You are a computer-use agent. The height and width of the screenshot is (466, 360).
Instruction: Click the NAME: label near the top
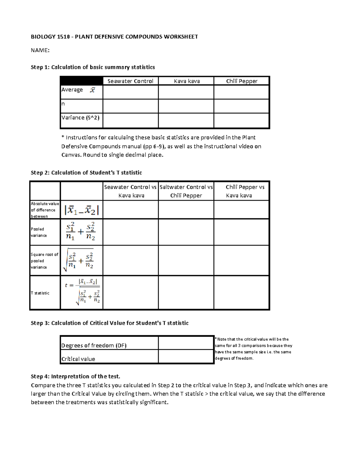click(x=40, y=50)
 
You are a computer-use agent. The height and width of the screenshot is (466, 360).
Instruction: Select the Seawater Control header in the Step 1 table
click(x=130, y=81)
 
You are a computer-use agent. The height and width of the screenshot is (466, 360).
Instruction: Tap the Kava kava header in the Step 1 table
click(x=187, y=81)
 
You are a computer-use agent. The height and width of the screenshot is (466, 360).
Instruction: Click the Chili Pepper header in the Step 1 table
click(x=241, y=81)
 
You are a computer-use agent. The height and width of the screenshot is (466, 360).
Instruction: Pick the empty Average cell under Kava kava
click(x=186, y=92)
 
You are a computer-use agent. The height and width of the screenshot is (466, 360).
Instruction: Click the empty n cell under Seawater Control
click(x=130, y=106)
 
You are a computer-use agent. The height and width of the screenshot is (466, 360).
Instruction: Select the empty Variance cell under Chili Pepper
click(x=241, y=120)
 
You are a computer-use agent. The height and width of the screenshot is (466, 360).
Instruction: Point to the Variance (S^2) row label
click(x=80, y=118)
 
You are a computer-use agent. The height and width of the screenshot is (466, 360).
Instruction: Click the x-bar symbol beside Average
click(x=92, y=90)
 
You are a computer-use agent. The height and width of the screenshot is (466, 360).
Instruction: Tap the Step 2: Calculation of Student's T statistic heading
click(x=86, y=173)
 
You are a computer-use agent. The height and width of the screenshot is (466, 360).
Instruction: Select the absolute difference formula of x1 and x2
click(x=82, y=210)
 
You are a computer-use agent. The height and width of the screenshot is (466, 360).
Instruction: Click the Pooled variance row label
click(x=39, y=232)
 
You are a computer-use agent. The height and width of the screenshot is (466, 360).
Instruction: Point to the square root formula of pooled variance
click(x=80, y=260)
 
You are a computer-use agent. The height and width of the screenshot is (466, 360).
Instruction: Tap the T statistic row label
click(x=40, y=293)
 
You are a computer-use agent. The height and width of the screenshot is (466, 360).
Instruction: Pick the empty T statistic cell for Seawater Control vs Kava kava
click(x=130, y=293)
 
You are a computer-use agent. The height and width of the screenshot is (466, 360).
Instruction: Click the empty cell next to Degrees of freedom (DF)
click(x=186, y=343)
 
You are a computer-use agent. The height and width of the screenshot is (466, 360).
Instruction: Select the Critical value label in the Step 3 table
click(x=78, y=359)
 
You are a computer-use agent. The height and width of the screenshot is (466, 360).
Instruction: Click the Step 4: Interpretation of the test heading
click(x=75, y=376)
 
